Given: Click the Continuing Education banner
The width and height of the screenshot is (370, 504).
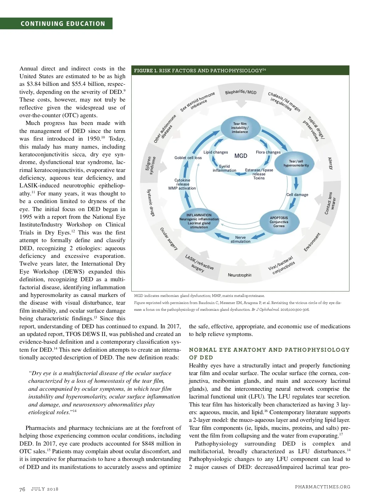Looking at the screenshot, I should point(63,24).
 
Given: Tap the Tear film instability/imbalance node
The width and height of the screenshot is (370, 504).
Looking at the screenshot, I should point(240,128).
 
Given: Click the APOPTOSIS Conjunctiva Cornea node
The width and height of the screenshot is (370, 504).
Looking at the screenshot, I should point(279,222).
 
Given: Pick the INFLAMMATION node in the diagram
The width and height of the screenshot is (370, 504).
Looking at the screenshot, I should point(199,221).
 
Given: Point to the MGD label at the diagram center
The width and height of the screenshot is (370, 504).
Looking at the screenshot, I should point(241,156).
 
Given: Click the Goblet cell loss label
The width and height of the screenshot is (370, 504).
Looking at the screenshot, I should point(188,158).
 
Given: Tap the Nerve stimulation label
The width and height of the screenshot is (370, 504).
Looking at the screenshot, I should point(240,239).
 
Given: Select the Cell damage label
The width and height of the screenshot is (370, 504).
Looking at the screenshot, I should point(297,195).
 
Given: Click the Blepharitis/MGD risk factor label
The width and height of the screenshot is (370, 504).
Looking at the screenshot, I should point(241,92).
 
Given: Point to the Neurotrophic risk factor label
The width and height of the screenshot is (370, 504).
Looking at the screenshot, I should point(240,275).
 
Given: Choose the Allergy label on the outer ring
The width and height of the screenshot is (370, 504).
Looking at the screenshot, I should point(331,163).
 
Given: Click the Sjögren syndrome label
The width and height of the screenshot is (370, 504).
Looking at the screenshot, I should point(150,165).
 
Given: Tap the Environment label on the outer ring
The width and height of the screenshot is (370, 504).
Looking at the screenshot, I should point(312,242).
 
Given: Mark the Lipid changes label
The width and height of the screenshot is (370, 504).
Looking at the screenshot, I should point(216,152).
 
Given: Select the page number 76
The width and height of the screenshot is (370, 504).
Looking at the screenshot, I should point(22,489).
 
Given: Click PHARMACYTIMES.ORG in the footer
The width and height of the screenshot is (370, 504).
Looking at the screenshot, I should point(323,487).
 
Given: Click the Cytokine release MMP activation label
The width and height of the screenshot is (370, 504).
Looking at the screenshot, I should point(182,184).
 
